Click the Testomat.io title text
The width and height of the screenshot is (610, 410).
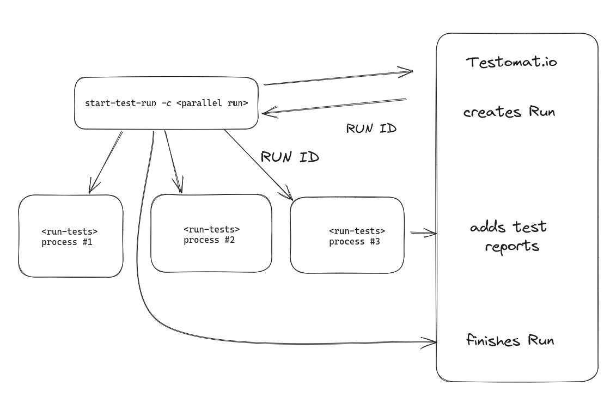tap(511, 62)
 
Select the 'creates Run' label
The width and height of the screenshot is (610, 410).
tap(509, 112)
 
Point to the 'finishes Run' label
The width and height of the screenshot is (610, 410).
tap(510, 341)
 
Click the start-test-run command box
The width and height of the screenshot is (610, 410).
tap(166, 103)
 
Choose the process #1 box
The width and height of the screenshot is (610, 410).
tap(71, 236)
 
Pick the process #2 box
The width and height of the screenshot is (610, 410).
tap(211, 234)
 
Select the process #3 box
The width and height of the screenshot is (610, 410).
tap(347, 235)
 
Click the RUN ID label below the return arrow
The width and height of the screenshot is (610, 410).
tap(371, 129)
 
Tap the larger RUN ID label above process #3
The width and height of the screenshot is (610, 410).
tap(290, 157)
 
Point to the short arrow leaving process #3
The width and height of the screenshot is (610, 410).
tap(423, 233)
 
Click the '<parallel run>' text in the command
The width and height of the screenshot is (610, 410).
tap(212, 103)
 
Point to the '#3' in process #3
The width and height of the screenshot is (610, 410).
tap(375, 242)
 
